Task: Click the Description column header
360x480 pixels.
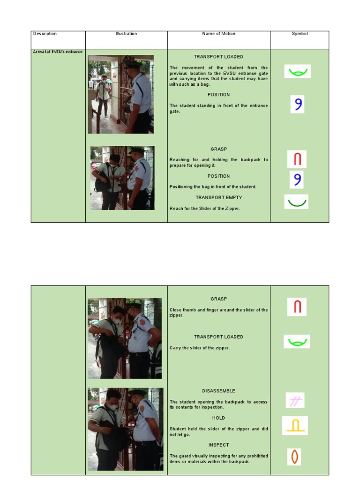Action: click(x=45, y=34)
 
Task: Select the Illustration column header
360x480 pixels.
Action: click(x=126, y=34)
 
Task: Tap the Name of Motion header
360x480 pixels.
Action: click(x=218, y=34)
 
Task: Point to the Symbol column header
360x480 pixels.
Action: click(x=300, y=34)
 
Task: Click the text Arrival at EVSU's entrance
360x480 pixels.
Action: click(x=58, y=52)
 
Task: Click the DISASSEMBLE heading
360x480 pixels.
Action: click(x=218, y=391)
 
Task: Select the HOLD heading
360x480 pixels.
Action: click(x=218, y=418)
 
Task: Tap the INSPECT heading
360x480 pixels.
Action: click(x=218, y=445)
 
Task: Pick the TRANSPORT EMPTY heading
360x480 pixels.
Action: click(x=219, y=197)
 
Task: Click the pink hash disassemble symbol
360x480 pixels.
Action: click(x=295, y=400)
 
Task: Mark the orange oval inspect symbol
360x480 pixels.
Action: click(x=294, y=457)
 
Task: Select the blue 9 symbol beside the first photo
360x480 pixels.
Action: click(x=298, y=104)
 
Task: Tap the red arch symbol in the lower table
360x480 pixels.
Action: click(x=297, y=307)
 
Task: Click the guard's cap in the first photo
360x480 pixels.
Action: click(x=131, y=64)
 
